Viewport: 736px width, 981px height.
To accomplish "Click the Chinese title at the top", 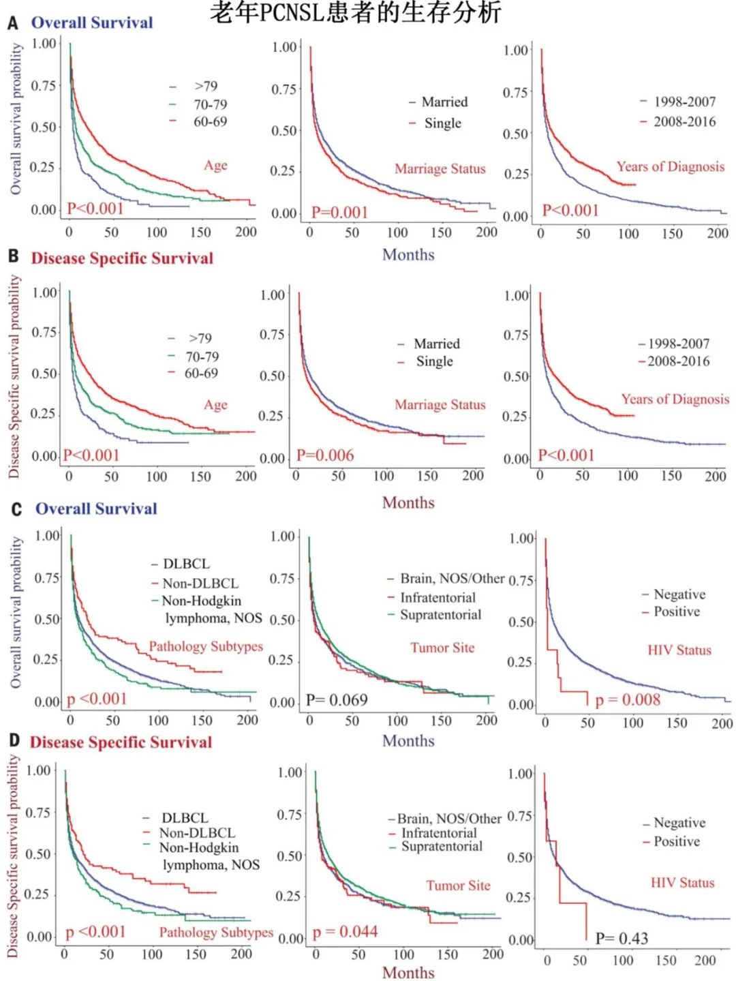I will point(355,13).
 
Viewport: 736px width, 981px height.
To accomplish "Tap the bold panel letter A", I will point(12,23).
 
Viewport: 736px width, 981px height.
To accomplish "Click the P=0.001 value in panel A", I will point(339,213).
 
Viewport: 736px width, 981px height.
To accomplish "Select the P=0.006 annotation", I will point(325,455).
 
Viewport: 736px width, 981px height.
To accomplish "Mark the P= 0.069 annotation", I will point(337,700).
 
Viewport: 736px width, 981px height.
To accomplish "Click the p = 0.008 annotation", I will point(628,700).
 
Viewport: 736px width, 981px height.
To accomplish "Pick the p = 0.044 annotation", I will point(346,932).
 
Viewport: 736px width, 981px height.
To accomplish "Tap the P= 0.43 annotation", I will point(622,939).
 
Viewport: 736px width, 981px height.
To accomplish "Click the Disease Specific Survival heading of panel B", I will point(122,258).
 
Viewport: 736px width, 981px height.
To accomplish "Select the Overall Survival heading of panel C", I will point(96,509).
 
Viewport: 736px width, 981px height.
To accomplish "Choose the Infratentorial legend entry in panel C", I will point(438,598).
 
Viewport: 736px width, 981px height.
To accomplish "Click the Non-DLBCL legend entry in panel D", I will point(197,833).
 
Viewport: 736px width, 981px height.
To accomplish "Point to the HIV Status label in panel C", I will point(679,650).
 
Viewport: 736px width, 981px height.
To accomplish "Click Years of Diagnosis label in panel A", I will point(671,167).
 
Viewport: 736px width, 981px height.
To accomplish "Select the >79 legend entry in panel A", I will point(206,87).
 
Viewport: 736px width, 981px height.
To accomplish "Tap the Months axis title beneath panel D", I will point(408,973).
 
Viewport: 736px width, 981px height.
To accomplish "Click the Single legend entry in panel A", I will point(442,123).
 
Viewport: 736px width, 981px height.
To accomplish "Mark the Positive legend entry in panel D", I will point(677,842).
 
